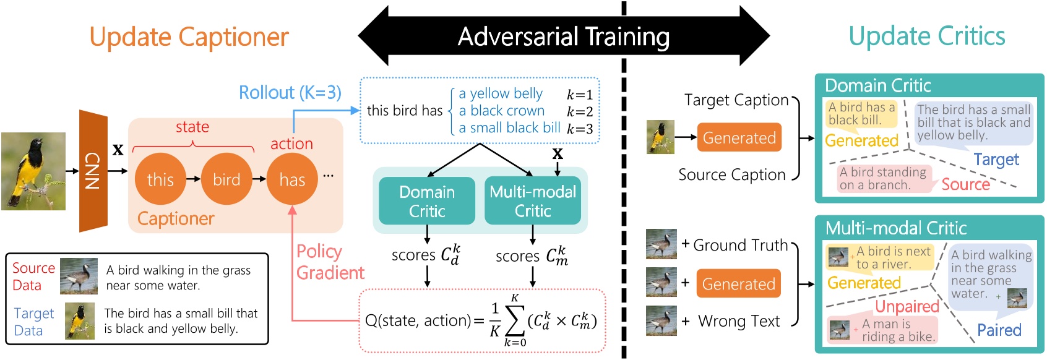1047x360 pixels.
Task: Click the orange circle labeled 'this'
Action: point(160,179)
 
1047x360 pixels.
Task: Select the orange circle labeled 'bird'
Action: point(226,179)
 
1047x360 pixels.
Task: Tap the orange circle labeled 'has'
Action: point(292,179)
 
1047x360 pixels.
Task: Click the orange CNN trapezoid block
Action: point(93,171)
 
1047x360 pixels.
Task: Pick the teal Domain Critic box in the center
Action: point(427,201)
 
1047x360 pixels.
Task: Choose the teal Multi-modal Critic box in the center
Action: point(533,201)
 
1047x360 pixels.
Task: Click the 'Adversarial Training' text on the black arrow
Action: point(564,36)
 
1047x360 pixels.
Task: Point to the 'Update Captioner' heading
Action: point(189,37)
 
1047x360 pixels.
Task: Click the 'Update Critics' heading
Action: point(926,36)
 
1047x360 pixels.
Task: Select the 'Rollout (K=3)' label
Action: point(290,93)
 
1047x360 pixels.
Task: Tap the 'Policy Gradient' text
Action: point(329,262)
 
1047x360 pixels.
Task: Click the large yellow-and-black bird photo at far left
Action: point(33,171)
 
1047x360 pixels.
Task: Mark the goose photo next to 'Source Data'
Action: point(79,276)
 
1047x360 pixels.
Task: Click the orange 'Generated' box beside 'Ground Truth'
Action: point(738,284)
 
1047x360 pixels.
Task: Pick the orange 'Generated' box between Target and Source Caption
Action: point(739,137)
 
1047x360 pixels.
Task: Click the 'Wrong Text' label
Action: point(739,321)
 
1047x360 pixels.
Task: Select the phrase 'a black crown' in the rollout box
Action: point(501,111)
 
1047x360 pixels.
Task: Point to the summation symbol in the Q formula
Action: point(514,321)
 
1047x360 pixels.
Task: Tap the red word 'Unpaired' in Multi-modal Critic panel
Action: point(907,306)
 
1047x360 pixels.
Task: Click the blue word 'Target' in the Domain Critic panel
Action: point(996,160)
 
